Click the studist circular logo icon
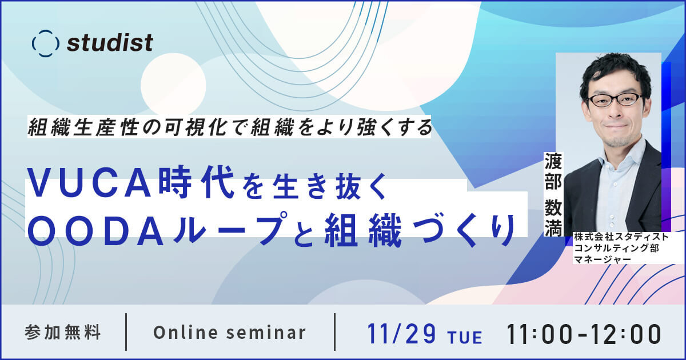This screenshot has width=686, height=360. pyautogui.click(x=46, y=43)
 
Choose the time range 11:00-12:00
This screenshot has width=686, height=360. pyautogui.click(x=584, y=333)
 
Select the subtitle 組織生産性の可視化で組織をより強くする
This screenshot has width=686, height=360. pyautogui.click(x=230, y=127)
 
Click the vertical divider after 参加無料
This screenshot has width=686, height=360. pyautogui.click(x=126, y=332)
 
